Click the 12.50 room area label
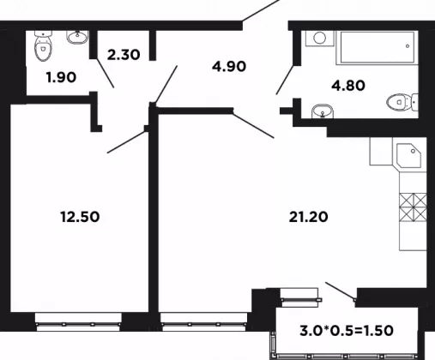[80, 217]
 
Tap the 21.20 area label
[308, 217]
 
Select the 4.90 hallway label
[229, 66]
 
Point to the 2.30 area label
[124, 55]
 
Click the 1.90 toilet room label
[62, 77]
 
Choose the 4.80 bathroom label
[348, 86]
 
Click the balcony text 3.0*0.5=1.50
[347, 331]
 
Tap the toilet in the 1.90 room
[43, 45]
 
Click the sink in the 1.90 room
[77, 37]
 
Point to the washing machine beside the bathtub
[320, 39]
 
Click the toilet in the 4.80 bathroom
[402, 102]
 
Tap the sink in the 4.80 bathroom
[323, 111]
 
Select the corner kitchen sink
[409, 154]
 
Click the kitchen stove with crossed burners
[413, 207]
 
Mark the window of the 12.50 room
[78, 322]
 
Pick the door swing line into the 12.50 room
[127, 142]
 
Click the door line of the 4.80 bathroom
[285, 80]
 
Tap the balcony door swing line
[341, 291]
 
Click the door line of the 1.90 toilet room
[105, 73]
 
